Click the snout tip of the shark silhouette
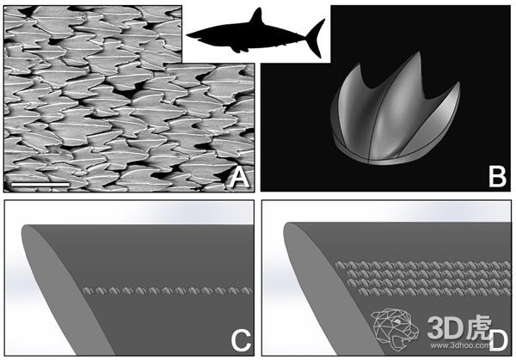188,34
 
